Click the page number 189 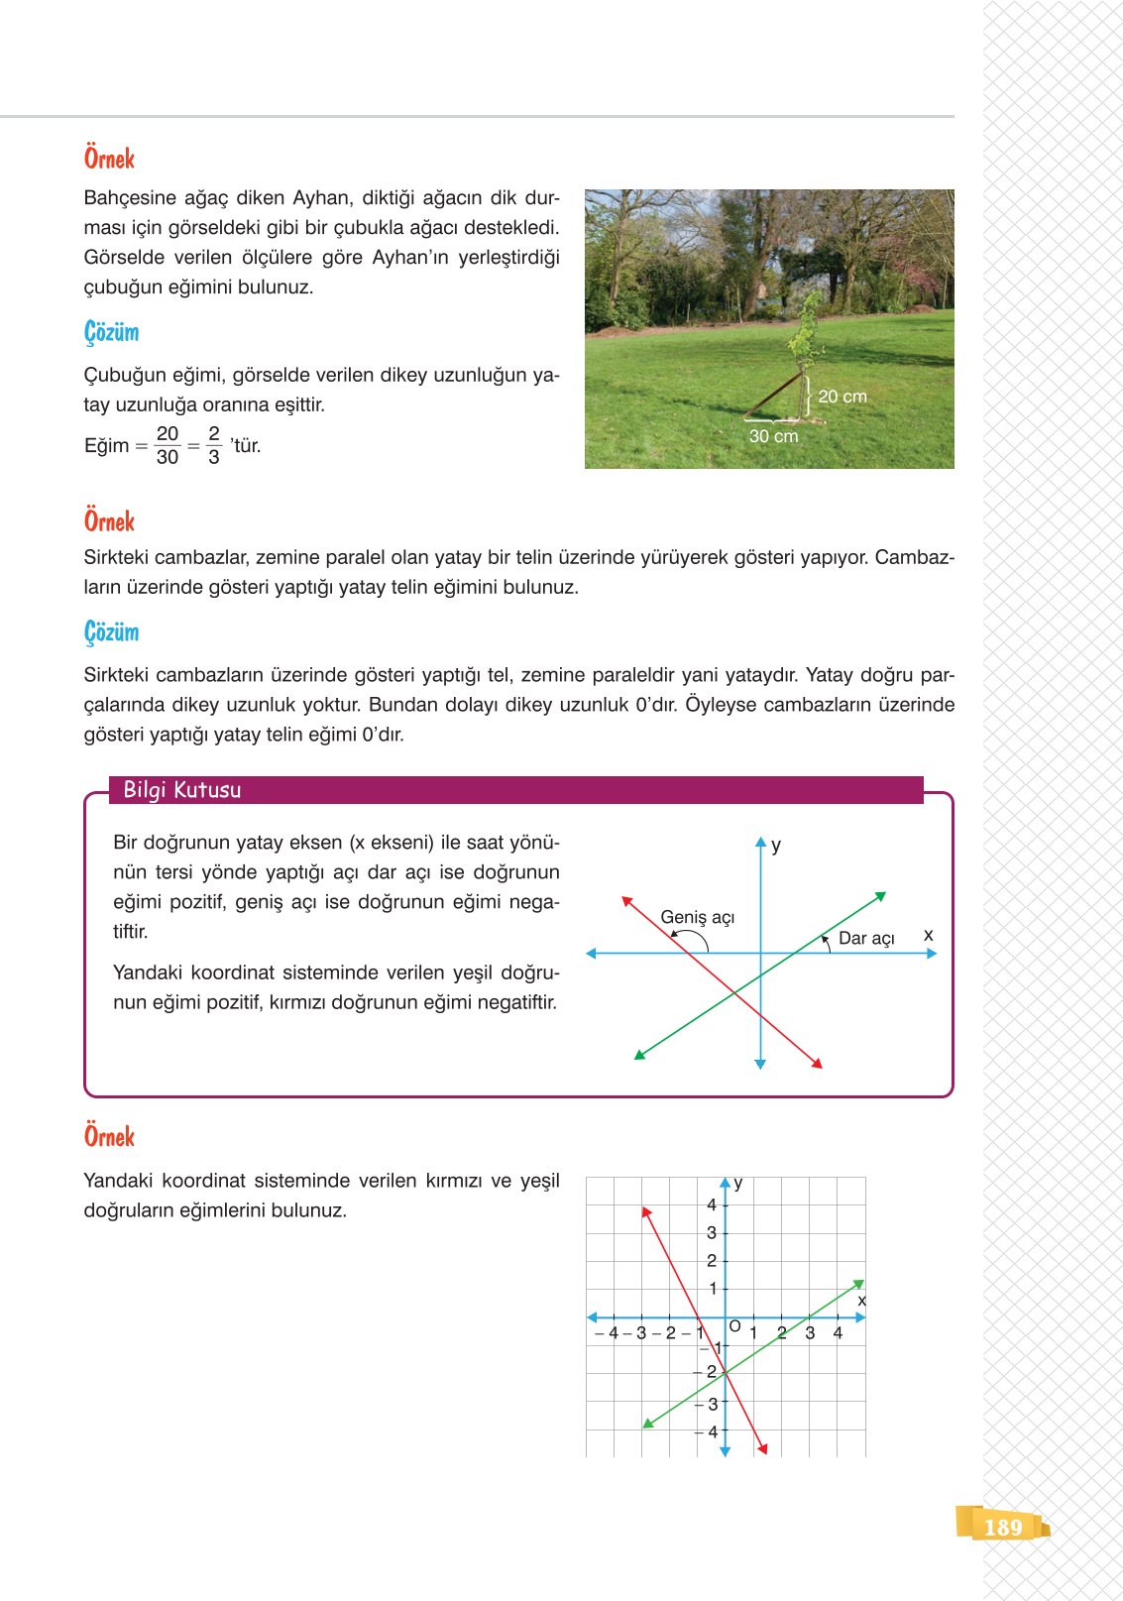tap(1003, 1527)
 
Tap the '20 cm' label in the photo tap(842, 397)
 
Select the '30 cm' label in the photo tap(773, 436)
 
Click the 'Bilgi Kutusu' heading tap(182, 790)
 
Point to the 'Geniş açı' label tap(698, 917)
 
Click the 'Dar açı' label tap(866, 938)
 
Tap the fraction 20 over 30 tap(168, 445)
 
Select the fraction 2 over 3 tap(214, 445)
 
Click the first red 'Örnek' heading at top tap(109, 159)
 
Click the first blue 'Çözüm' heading tap(111, 332)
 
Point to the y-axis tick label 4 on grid tap(712, 1205)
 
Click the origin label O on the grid tap(734, 1326)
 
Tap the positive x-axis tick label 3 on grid tap(810, 1333)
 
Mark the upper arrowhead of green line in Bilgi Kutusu tap(880, 896)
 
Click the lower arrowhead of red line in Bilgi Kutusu tap(818, 1064)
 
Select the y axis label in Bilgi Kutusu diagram tap(776, 845)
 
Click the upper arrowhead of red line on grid tap(645, 1211)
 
